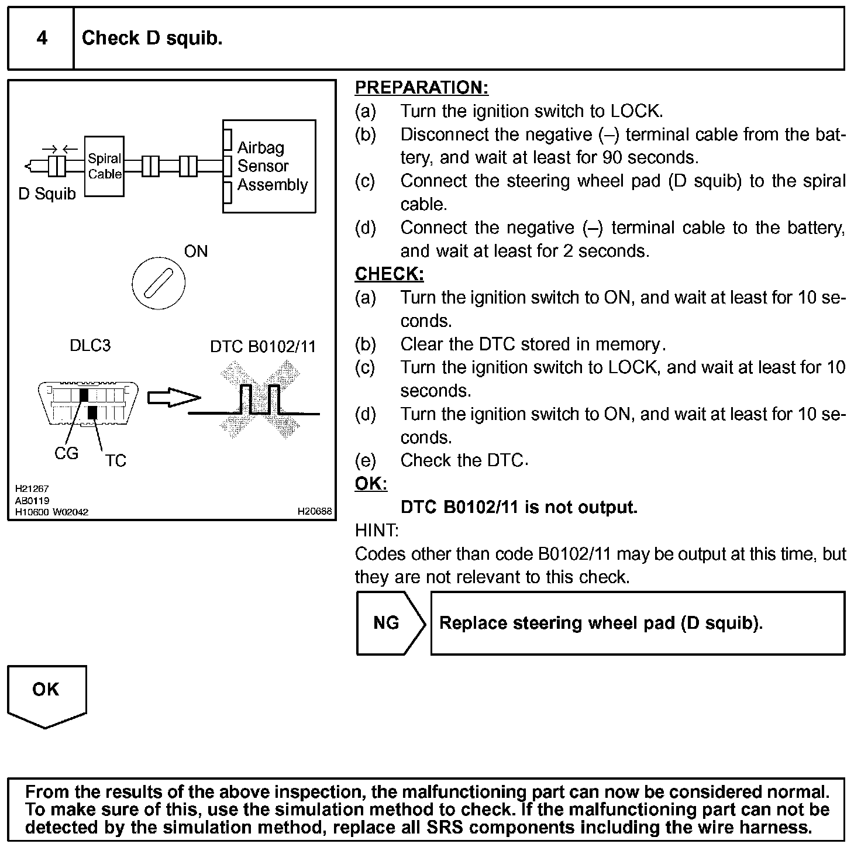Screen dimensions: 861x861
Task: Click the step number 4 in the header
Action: [x=42, y=39]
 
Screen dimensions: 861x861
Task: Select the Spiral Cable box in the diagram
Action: [x=104, y=166]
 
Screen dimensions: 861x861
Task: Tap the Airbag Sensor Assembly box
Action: [x=270, y=166]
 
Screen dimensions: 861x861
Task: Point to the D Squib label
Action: [x=47, y=194]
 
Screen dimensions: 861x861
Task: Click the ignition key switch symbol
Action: [x=158, y=284]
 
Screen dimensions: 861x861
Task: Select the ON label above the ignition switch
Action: [x=195, y=252]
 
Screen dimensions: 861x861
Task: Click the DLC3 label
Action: [x=89, y=346]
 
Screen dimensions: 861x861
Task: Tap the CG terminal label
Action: [x=66, y=453]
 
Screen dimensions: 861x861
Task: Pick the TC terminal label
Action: [x=115, y=461]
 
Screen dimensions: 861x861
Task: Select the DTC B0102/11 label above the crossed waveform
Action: [x=263, y=347]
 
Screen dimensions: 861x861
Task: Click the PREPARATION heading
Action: [x=421, y=88]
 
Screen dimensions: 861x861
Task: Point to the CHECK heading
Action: [x=389, y=274]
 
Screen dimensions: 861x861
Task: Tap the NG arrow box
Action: [x=390, y=623]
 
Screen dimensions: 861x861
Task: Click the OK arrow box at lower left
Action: [x=46, y=694]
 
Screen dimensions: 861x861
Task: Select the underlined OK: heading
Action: [x=371, y=484]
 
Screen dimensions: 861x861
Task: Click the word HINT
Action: [x=376, y=531]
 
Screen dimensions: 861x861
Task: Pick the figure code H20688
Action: [x=314, y=511]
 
